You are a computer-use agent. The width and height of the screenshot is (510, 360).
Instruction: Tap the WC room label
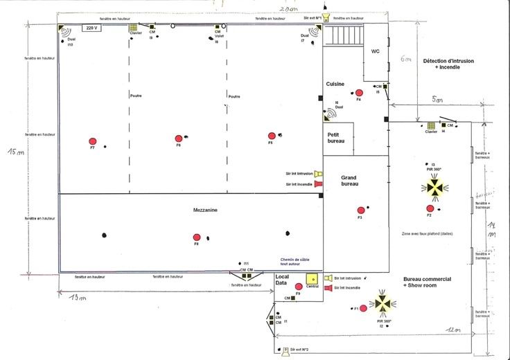376,51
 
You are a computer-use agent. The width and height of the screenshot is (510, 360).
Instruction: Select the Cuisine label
335,83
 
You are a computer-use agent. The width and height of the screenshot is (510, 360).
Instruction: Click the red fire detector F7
92,140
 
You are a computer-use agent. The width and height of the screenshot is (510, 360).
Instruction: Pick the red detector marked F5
272,136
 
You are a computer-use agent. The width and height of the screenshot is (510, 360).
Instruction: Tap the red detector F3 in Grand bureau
360,210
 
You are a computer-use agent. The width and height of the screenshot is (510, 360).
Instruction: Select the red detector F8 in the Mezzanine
197,237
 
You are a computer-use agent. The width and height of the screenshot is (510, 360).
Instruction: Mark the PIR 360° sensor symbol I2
382,303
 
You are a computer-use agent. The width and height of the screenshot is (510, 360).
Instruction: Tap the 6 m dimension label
405,59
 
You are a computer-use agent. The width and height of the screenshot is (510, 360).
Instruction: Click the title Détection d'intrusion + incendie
449,64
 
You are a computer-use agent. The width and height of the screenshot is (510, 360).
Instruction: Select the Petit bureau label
336,137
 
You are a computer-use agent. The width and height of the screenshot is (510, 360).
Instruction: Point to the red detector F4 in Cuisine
359,93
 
